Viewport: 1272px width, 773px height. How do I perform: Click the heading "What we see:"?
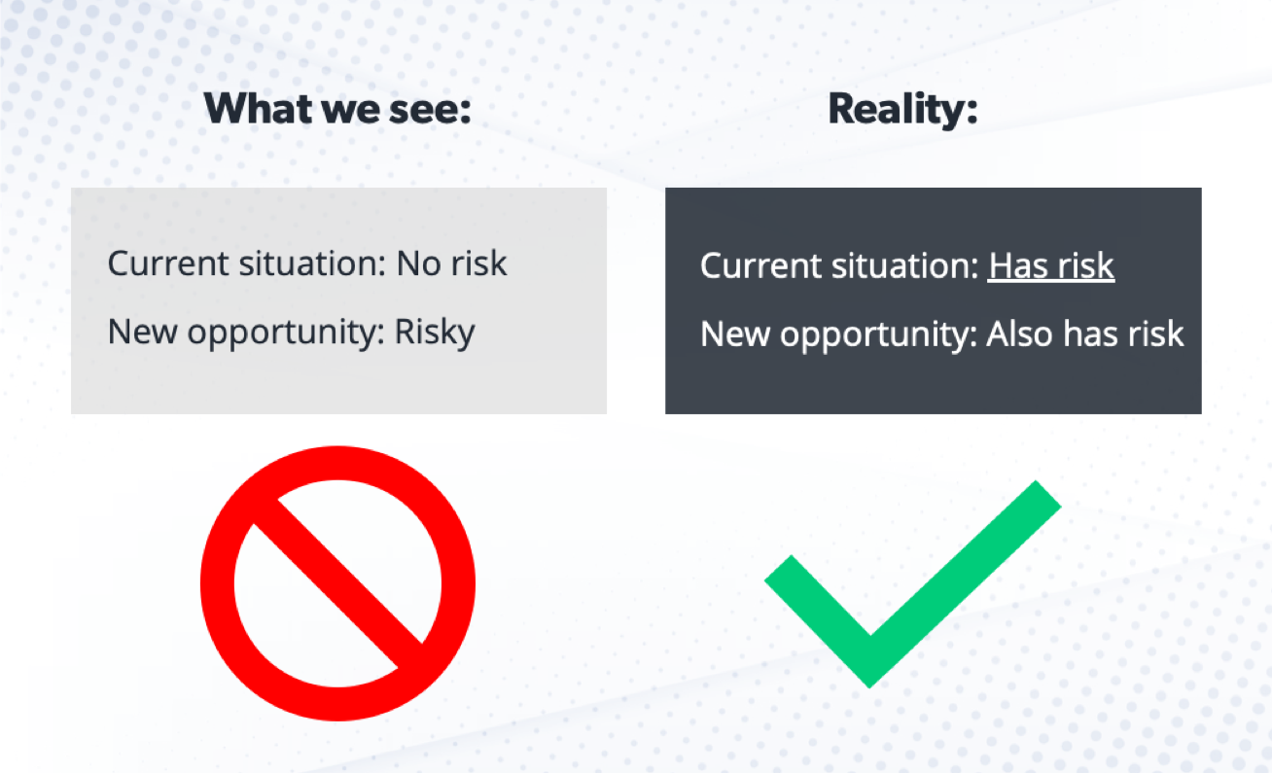(337, 110)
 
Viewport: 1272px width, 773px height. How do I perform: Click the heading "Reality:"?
(901, 110)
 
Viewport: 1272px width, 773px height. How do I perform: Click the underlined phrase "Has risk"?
(1050, 265)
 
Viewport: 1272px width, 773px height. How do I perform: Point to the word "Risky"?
(435, 333)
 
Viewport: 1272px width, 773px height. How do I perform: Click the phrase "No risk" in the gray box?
(451, 263)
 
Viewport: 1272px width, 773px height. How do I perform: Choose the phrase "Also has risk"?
(1085, 334)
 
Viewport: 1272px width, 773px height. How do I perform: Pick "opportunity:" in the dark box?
(877, 335)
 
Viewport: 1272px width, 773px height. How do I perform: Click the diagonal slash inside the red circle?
(337, 583)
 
